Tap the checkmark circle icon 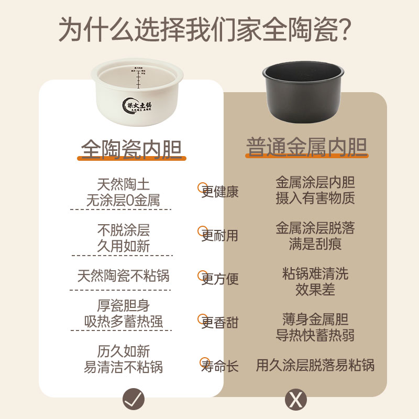click(134, 400)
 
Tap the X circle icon click(296, 400)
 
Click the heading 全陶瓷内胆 click(131, 149)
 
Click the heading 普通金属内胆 click(307, 148)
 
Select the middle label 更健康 click(220, 192)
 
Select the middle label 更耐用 click(220, 236)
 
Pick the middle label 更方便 click(220, 279)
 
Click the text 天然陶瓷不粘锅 click(124, 275)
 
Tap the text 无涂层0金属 click(124, 200)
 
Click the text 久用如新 click(124, 246)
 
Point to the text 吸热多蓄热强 click(124, 321)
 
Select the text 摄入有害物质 click(315, 199)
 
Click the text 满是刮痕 click(315, 244)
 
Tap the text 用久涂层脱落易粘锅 click(315, 365)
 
